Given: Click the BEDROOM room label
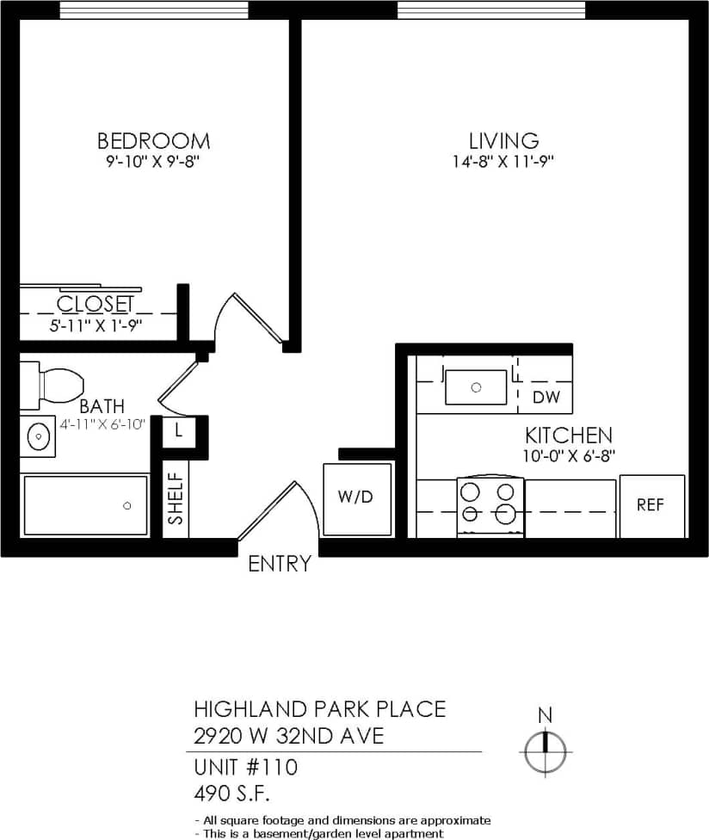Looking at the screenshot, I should pos(153,140).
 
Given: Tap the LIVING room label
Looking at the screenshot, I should pos(503,140).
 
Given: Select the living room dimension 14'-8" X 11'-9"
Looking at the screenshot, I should pos(503,162).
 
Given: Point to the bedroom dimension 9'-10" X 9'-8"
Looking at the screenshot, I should pos(153,161).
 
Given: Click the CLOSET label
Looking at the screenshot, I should pos(96,304).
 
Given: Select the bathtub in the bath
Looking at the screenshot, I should pos(86,505).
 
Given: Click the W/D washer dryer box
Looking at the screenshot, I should pos(355,498).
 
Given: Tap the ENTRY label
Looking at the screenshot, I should pos(279,565).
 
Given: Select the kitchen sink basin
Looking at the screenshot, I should pos(476,387).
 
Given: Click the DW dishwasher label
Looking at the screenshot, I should pos(546,398).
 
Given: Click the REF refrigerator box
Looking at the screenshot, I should pos(651,506).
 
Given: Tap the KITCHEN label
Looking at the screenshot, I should pos(569,435).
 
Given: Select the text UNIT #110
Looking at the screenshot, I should pos(245,766).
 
